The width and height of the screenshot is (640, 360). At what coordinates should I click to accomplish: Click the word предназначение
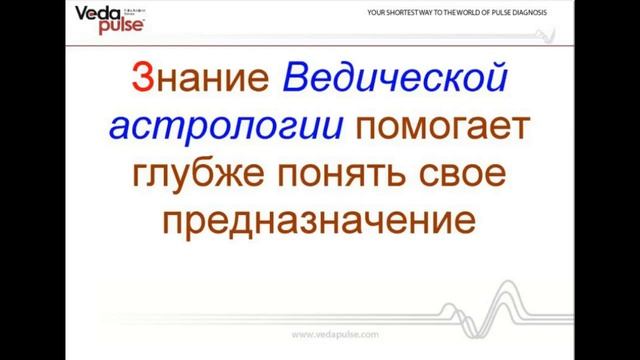coord(319,222)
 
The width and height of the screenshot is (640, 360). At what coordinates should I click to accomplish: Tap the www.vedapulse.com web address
coord(319,333)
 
